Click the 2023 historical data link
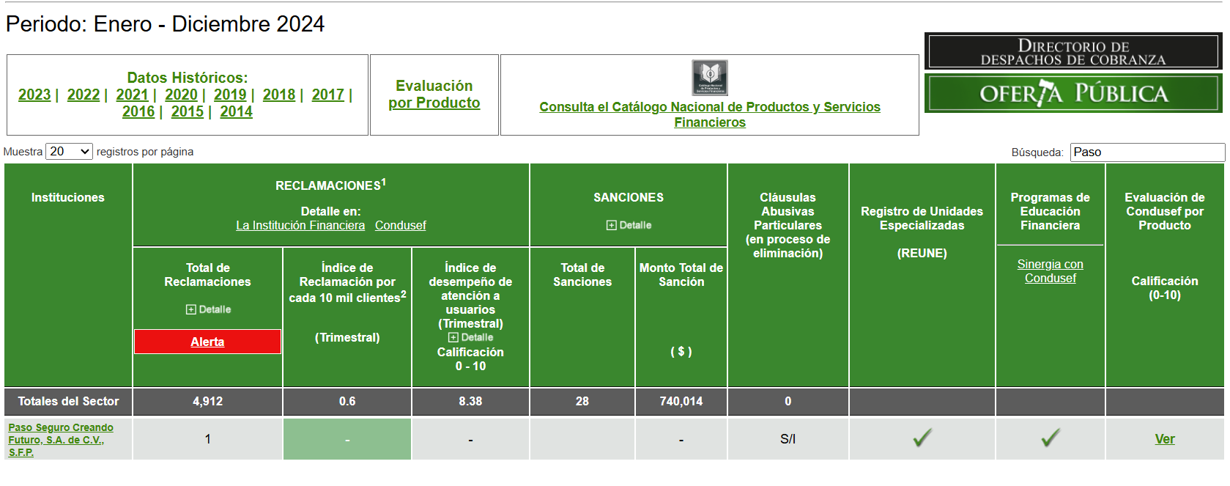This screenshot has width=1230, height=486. click(34, 95)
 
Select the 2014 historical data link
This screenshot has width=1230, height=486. click(236, 111)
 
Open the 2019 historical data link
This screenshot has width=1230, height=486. click(230, 95)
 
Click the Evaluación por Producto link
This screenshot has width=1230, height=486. click(434, 95)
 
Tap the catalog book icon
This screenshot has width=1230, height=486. click(709, 78)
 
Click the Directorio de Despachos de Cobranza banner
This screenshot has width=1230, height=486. click(1073, 51)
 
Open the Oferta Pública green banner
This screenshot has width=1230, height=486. click(1073, 93)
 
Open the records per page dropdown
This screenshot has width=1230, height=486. click(69, 152)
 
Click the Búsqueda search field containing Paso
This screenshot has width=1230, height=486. click(1147, 152)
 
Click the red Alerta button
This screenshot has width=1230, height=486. click(207, 342)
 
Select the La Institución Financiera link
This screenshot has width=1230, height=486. click(300, 225)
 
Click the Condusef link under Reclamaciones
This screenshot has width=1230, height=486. click(400, 225)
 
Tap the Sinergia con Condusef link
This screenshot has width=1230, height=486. click(1050, 271)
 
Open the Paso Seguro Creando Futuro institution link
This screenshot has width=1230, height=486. click(60, 440)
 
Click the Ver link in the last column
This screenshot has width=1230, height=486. click(1165, 439)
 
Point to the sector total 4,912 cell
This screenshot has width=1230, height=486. click(207, 402)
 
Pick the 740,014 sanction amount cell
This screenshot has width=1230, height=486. click(681, 402)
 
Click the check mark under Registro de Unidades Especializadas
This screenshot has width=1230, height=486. click(922, 438)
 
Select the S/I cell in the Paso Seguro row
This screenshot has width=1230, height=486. click(788, 439)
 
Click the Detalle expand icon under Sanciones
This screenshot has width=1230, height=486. click(611, 225)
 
